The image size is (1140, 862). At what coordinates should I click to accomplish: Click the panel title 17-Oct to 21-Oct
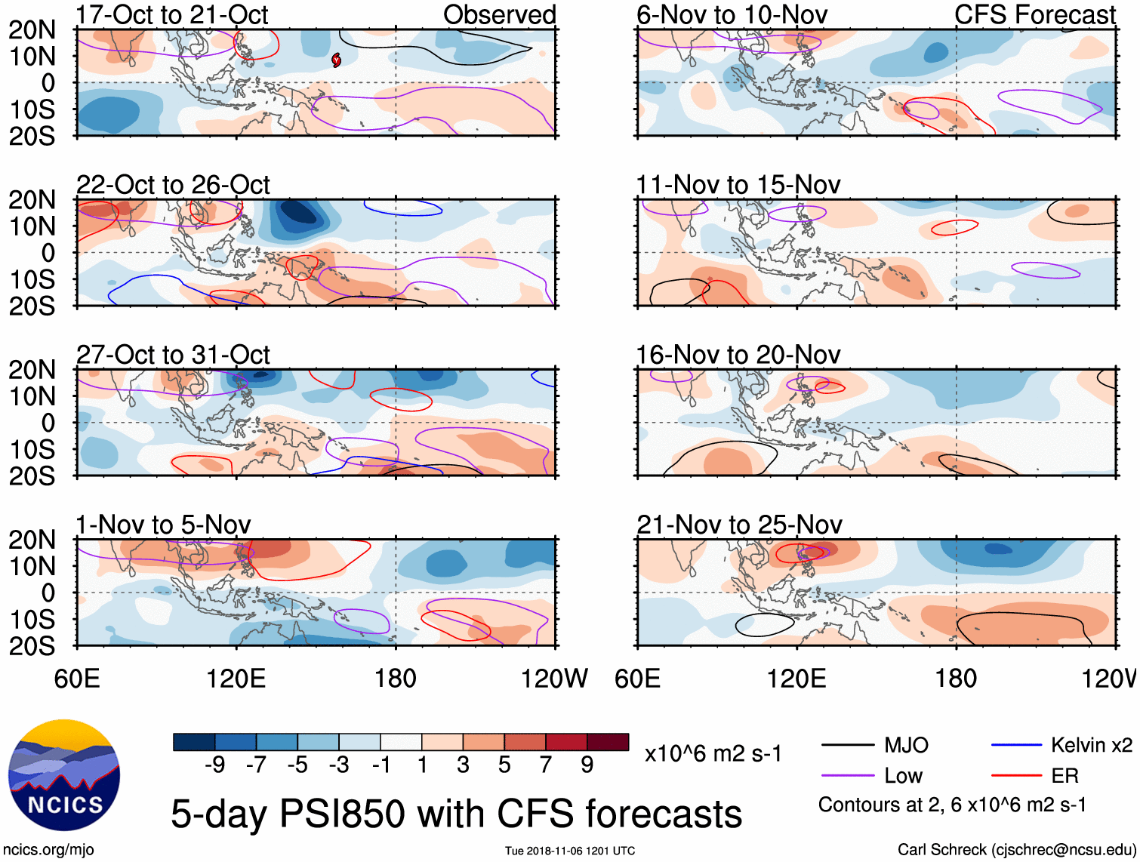click(x=172, y=15)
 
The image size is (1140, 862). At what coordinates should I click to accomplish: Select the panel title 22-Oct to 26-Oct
click(x=173, y=185)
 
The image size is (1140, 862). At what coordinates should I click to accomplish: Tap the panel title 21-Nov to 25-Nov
click(x=739, y=525)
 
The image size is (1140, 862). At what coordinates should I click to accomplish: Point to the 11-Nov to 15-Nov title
click(x=738, y=185)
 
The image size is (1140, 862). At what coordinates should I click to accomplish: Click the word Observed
click(x=499, y=15)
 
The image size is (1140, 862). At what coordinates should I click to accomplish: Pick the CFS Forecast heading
click(x=1034, y=15)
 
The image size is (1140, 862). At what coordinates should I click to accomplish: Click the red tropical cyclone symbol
click(x=336, y=60)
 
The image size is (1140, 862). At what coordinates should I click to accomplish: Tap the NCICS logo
click(x=64, y=775)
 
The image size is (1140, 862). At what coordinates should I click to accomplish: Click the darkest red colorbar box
click(x=608, y=742)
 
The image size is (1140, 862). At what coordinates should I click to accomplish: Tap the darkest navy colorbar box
click(x=194, y=742)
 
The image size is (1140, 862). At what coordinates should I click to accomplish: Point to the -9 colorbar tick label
click(x=214, y=765)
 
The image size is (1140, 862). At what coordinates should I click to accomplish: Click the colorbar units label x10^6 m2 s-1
click(x=713, y=754)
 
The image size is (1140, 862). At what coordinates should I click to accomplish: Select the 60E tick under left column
click(x=77, y=679)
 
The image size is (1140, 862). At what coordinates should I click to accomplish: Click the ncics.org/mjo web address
click(x=48, y=850)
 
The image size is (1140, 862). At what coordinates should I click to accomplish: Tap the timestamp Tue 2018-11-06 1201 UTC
click(x=570, y=851)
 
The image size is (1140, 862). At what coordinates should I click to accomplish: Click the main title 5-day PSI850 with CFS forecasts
click(x=457, y=814)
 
